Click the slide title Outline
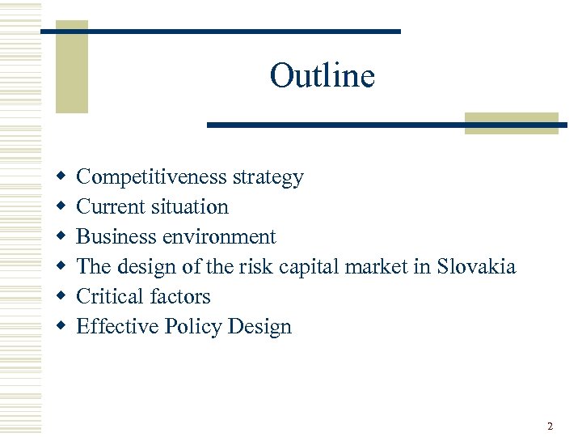click(x=322, y=76)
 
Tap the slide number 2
click(x=550, y=426)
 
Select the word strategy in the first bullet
click(x=268, y=177)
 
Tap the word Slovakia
click(x=475, y=267)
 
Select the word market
click(x=380, y=267)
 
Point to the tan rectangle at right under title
click(x=512, y=123)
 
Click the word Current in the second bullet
click(x=109, y=207)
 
